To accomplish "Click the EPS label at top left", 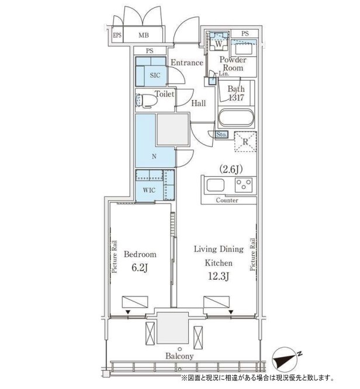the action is [x=117, y=35].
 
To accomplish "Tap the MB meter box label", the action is [x=144, y=35].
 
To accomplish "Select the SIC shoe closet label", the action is [x=155, y=75].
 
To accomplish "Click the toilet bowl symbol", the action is [x=147, y=101].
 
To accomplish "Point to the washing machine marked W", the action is [x=219, y=41].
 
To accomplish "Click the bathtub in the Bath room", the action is [x=236, y=118].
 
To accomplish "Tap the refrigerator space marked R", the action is [x=245, y=142].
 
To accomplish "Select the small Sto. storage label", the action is [x=221, y=135].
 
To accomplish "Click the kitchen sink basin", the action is [x=215, y=185].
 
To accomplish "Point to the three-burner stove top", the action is [x=244, y=185].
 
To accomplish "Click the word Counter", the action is [x=227, y=200].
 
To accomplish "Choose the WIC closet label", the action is [x=149, y=190].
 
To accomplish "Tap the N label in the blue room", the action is [x=154, y=156].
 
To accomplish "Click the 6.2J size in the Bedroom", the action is [x=140, y=268].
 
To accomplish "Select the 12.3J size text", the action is [x=219, y=276].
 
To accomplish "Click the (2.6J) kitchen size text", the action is [x=231, y=169].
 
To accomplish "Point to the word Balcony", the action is [x=179, y=356].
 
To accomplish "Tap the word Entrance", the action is [x=186, y=63].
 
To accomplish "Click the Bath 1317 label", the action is [x=236, y=93].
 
